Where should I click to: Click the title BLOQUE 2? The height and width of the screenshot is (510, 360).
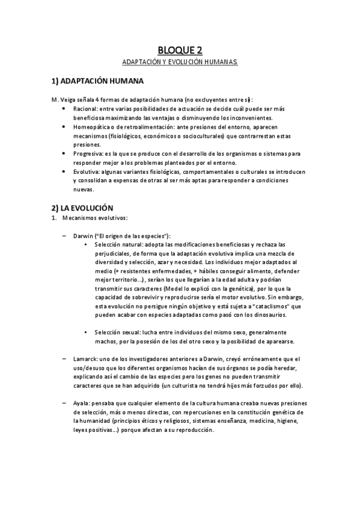180,50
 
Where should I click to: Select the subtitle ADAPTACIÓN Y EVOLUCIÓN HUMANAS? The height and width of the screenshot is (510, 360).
180,62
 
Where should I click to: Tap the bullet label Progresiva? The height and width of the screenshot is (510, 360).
88,154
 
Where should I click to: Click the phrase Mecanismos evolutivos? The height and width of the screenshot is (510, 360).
94,218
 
